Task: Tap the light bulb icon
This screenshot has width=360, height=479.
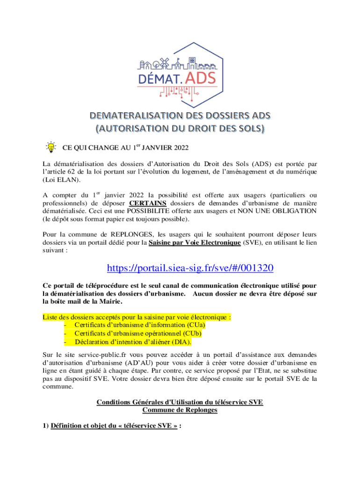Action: (50, 147)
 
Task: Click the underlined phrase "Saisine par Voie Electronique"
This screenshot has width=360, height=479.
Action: (195, 242)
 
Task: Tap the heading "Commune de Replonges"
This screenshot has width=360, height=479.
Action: (180, 410)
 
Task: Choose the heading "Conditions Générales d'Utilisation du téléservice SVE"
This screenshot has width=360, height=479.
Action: (180, 402)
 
